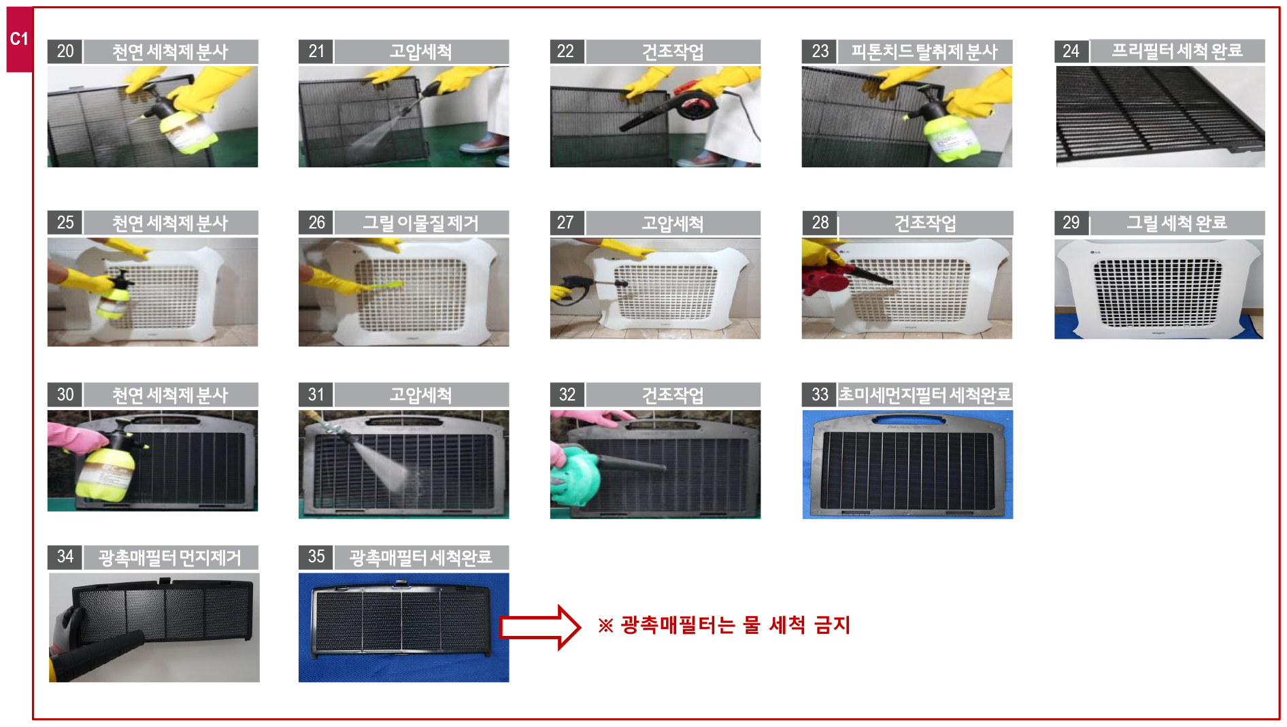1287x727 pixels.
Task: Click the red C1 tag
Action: [x=19, y=39]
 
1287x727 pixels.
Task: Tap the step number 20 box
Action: [x=65, y=52]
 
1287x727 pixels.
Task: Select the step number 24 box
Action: [x=1071, y=51]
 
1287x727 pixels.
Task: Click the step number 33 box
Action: [x=819, y=394]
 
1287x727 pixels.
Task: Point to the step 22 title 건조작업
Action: [x=673, y=52]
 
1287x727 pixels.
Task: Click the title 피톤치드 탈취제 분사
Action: [x=924, y=52]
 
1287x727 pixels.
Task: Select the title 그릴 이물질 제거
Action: [x=420, y=223]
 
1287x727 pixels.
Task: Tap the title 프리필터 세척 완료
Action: [x=1177, y=51]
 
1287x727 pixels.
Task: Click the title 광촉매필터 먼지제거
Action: [x=170, y=558]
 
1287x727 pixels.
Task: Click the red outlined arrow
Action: [x=540, y=627]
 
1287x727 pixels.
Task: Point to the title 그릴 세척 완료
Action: [x=1177, y=222]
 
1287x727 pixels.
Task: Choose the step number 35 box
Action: [x=316, y=557]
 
